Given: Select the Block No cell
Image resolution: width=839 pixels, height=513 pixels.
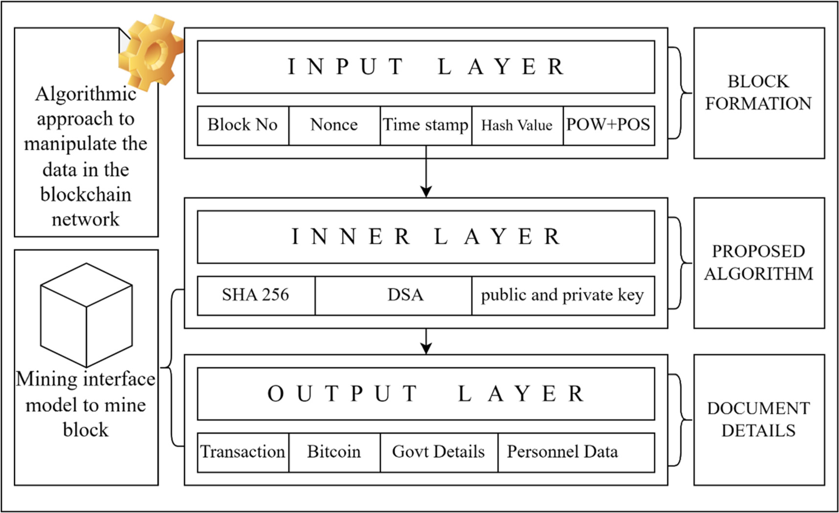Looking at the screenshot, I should [243, 125].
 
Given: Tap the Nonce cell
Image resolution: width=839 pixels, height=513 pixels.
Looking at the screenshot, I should [334, 125].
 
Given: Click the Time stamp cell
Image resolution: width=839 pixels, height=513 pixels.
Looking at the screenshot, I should [425, 125].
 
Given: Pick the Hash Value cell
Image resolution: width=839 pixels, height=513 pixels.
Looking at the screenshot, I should [517, 125].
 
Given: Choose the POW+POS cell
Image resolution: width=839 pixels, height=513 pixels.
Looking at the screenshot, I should [608, 125].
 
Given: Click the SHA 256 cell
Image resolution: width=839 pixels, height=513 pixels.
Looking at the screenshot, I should [256, 295].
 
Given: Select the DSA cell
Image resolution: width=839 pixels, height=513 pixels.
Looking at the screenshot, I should [405, 295].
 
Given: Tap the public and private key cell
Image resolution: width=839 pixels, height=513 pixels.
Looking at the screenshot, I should [562, 295].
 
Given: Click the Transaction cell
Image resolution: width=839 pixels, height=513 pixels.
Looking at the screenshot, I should [243, 452].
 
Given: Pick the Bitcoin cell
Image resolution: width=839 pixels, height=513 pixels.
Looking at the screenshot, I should [334, 452].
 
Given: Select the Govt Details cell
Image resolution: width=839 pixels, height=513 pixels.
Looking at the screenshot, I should [439, 452].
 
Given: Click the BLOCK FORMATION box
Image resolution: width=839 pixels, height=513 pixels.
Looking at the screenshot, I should [758, 93].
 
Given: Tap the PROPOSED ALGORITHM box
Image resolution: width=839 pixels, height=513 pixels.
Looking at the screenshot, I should [758, 263].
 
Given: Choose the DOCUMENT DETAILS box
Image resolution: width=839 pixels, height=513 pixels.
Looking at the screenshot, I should [758, 420].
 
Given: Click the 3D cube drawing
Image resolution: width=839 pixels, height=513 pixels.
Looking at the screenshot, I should [87, 315].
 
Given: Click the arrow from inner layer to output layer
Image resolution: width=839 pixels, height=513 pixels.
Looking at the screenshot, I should [426, 341].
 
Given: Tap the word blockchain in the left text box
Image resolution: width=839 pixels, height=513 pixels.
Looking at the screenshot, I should [86, 195].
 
